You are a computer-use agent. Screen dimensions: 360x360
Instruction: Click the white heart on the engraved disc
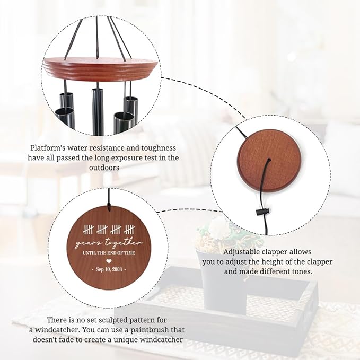click(109, 261)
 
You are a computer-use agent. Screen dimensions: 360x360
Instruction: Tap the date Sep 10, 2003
click(109, 269)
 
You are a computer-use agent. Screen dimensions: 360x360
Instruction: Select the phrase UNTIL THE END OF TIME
click(109, 253)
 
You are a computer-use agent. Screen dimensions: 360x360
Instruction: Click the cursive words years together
click(108, 244)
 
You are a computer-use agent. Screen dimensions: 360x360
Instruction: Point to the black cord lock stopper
click(262, 212)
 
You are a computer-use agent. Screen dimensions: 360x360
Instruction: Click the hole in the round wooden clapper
click(269, 160)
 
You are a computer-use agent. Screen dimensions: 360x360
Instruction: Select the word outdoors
click(104, 168)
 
